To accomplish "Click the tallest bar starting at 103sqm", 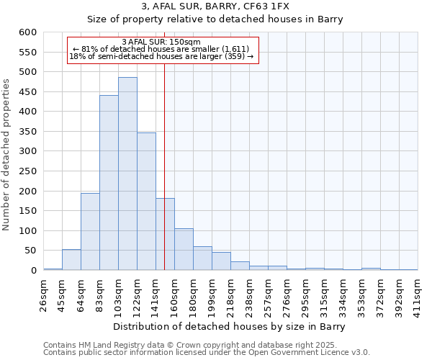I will (x=127, y=174).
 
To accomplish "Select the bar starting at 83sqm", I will (x=109, y=183).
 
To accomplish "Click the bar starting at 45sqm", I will (x=71, y=260).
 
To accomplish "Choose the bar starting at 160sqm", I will (x=184, y=249).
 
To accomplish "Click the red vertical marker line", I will (x=165, y=180).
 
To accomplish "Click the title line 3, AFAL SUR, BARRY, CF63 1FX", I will (x=216, y=6).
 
